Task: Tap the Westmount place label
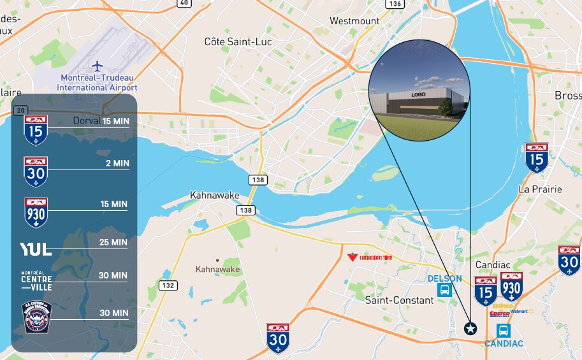tap(354, 21)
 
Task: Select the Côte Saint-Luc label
tap(238, 42)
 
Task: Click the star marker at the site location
tap(470, 329)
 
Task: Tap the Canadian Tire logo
tap(368, 257)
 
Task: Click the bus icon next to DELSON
tap(444, 291)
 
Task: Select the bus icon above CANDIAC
tap(503, 331)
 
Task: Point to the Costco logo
tap(499, 313)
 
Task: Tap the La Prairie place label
tap(540, 189)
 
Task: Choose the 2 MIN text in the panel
tap(117, 163)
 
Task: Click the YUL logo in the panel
tap(36, 249)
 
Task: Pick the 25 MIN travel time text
tap(115, 242)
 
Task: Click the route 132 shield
tap(168, 285)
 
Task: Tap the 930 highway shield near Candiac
tap(511, 286)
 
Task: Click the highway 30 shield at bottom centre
tap(278, 338)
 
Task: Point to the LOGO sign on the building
tap(418, 94)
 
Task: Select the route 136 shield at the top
tap(395, 4)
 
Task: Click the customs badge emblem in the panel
tap(36, 317)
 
